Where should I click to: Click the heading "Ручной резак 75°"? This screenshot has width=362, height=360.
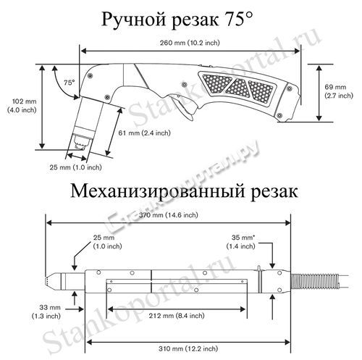point(177,19)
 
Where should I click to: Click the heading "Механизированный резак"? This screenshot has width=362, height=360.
point(184,191)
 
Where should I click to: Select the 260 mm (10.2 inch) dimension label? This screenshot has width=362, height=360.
point(190,43)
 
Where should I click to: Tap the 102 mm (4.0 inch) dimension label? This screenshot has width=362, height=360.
point(22,106)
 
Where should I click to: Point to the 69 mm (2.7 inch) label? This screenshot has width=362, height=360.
point(339,91)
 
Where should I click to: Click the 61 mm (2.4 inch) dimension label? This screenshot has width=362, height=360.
point(144,133)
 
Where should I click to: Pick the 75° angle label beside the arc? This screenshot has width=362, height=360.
point(70,83)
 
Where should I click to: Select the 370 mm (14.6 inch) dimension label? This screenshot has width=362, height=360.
point(168,214)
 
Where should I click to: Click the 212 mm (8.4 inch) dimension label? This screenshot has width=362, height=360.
point(177,315)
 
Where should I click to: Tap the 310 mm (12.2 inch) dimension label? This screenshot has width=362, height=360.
point(188,348)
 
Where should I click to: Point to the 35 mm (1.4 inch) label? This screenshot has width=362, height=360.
point(240,242)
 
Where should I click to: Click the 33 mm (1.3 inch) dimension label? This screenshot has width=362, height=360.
point(46,311)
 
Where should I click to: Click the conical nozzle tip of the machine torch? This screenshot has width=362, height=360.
point(53,281)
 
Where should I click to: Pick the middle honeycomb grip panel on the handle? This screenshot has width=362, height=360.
point(238,87)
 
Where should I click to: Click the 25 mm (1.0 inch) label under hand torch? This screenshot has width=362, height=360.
point(75,167)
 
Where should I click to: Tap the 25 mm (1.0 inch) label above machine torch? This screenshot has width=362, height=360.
point(107,242)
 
